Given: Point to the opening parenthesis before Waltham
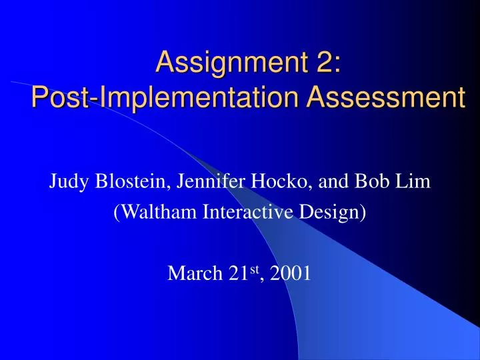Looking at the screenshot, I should pos(117,213).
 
